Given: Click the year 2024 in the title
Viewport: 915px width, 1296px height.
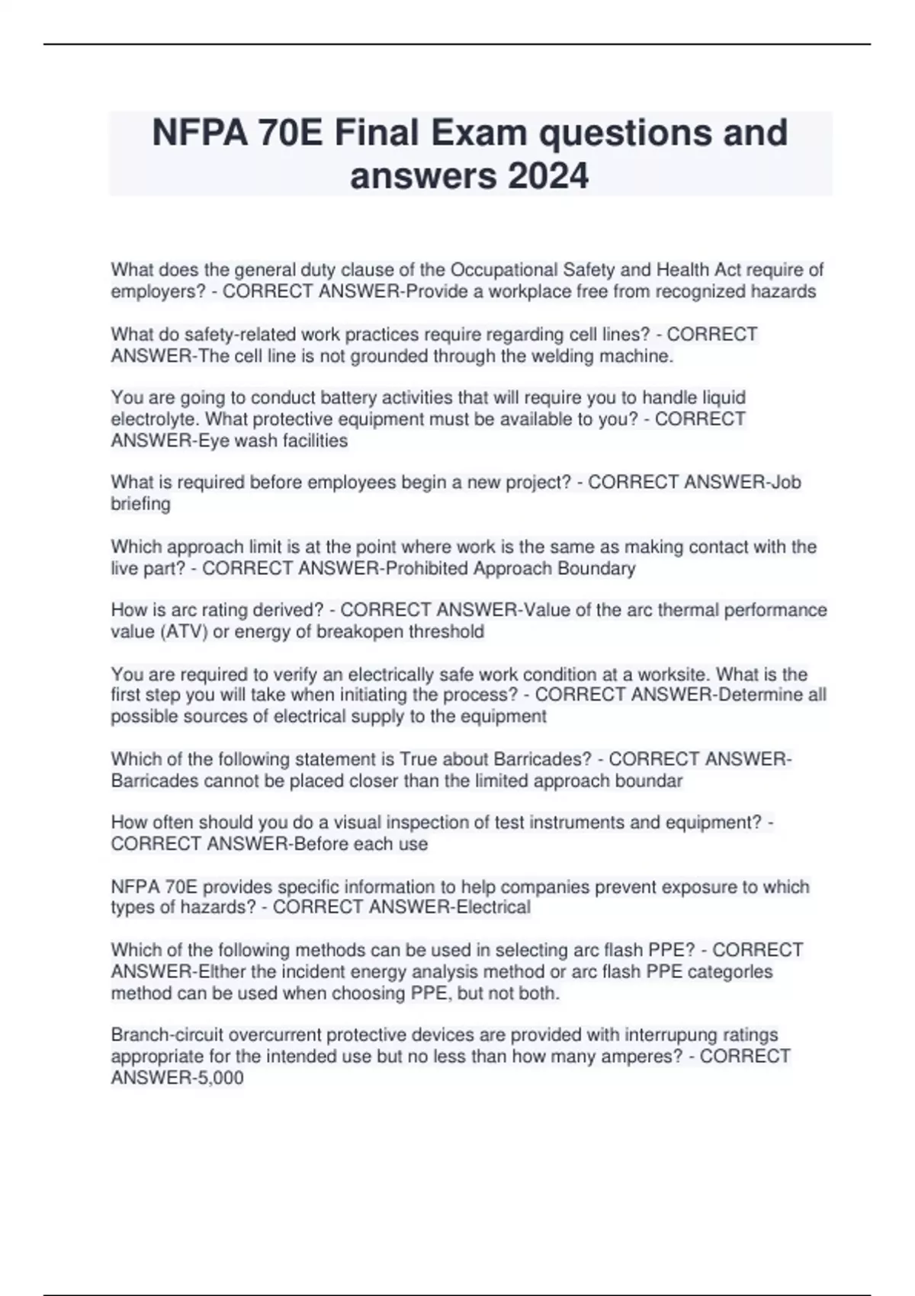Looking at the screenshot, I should pyautogui.click(x=547, y=176).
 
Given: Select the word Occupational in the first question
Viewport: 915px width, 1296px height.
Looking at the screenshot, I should pyautogui.click(x=503, y=270).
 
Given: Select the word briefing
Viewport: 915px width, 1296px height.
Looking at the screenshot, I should pyautogui.click(x=141, y=504).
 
